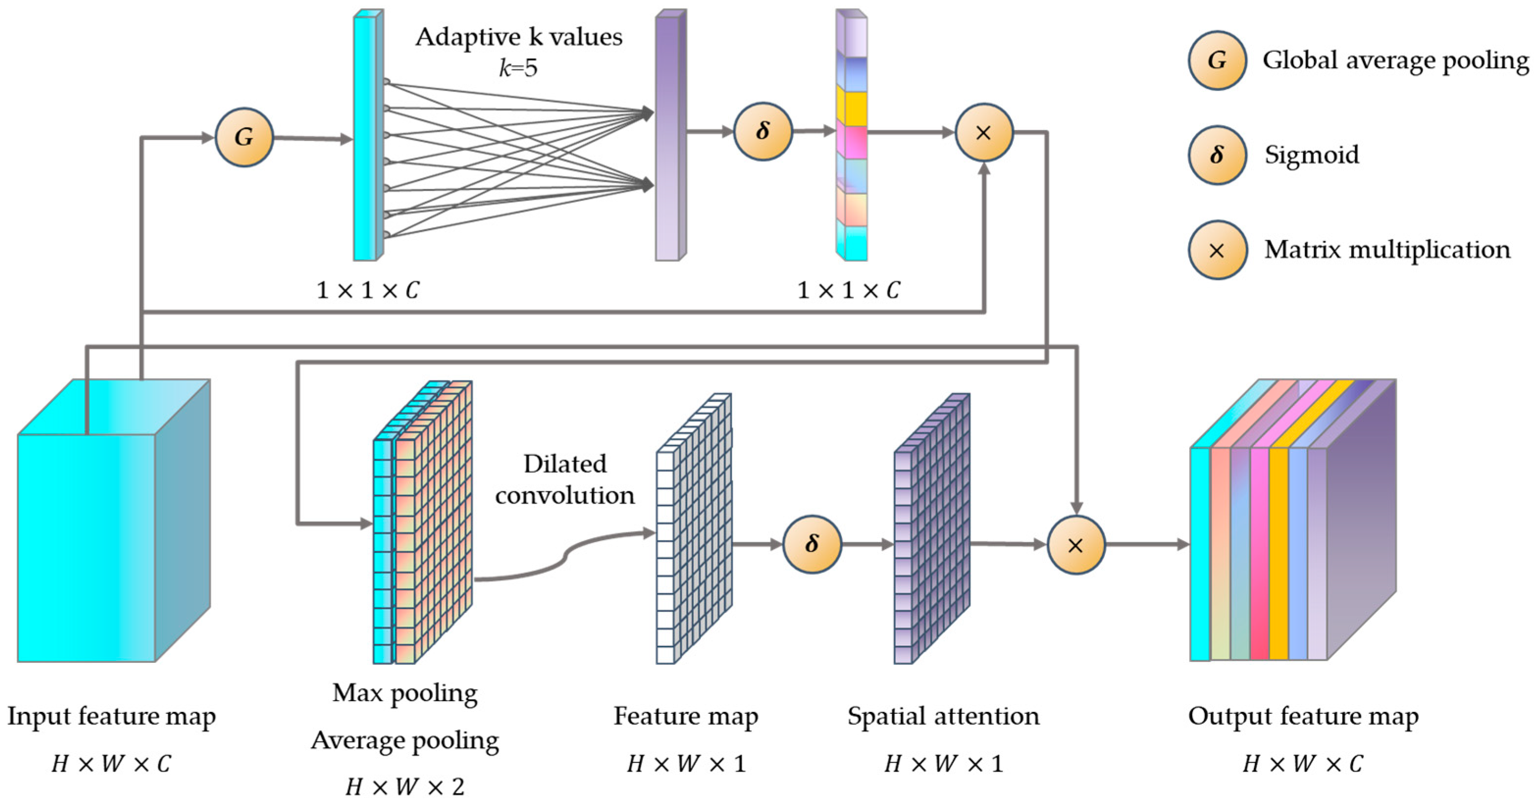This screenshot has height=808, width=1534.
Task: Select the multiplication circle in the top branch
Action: (984, 132)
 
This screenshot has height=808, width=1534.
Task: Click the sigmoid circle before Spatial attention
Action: (811, 544)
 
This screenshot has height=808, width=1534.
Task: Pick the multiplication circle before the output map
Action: (1075, 545)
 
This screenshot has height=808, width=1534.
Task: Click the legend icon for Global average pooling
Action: (1217, 60)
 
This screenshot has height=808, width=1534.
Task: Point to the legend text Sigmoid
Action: (1311, 155)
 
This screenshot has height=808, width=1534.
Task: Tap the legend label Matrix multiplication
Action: (1387, 250)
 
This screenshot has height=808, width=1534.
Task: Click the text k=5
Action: (518, 68)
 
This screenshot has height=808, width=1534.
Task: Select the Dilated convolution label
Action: (564, 480)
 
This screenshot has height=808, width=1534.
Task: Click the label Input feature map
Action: (111, 716)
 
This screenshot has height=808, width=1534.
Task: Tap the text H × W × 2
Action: (405, 787)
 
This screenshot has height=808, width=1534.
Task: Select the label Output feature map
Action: (1303, 716)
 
